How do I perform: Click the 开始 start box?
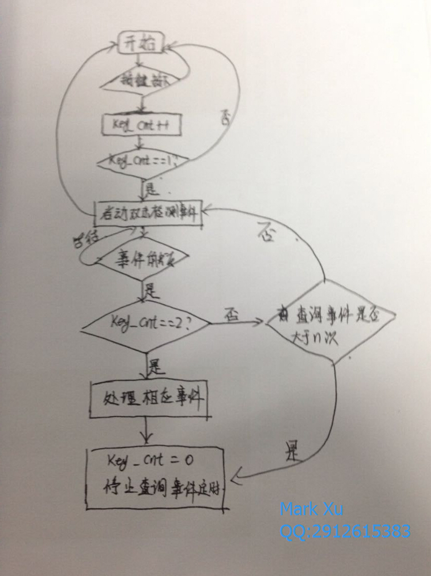click(141, 43)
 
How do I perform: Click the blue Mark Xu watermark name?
click(311, 510)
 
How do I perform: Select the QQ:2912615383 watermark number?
click(345, 531)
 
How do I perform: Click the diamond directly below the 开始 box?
click(142, 81)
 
